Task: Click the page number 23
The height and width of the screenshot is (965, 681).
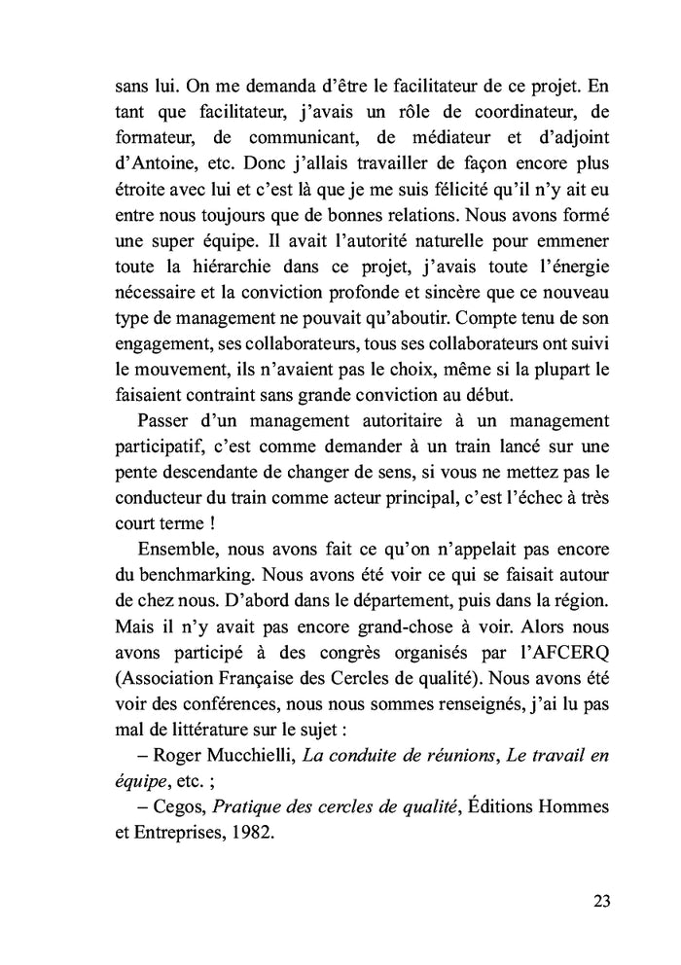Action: pos(600,900)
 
